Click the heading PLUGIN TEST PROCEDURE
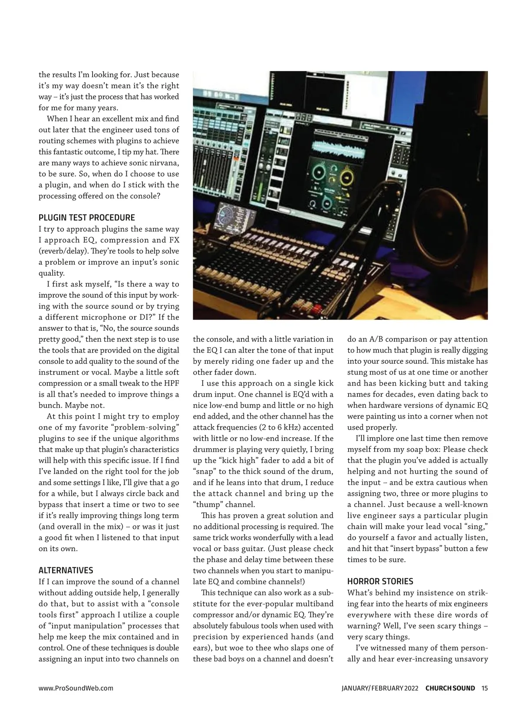tap(87, 217)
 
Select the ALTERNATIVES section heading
tap(66, 570)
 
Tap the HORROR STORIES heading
tap(380, 581)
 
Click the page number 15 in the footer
tap(485, 688)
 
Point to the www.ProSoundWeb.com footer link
tap(76, 688)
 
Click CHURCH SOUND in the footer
tap(450, 688)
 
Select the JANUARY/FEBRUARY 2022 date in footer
tap(380, 688)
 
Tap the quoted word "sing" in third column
tap(472, 527)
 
